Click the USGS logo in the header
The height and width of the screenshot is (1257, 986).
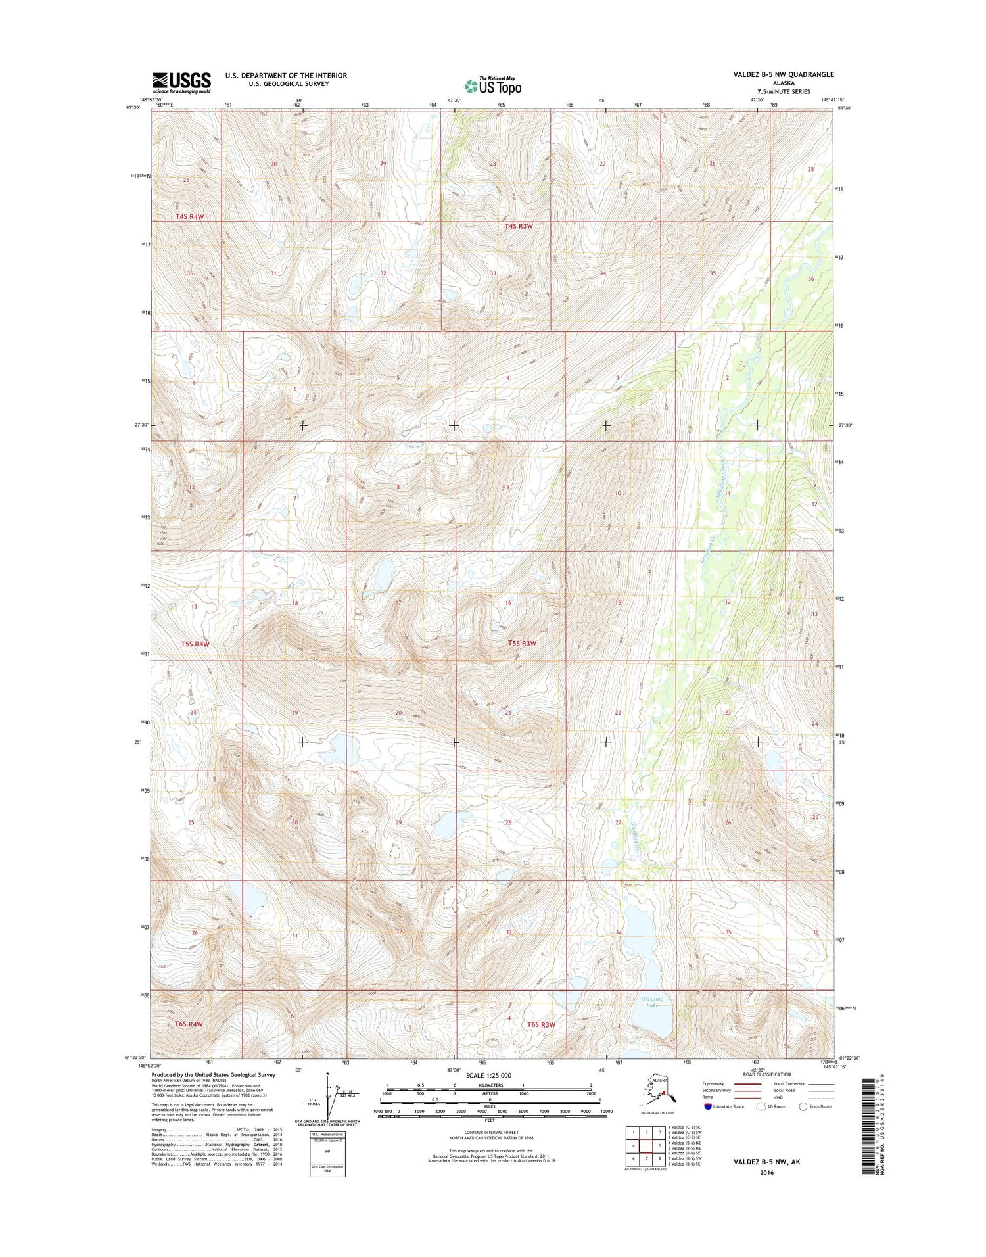[181, 83]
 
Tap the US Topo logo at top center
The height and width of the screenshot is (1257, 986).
[493, 85]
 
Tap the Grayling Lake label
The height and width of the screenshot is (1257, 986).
[652, 1002]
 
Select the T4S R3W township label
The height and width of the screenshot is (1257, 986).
[518, 226]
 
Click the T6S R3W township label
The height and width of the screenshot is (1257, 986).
[541, 1024]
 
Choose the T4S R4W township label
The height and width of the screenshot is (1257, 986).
[189, 216]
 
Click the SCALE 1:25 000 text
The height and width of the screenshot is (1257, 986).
[489, 1076]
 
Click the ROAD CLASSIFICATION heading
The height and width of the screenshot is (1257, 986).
[767, 1074]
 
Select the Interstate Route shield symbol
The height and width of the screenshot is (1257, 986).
[707, 1106]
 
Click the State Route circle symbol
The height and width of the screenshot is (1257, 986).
[803, 1106]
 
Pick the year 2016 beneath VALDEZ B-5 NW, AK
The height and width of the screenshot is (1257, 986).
[766, 1172]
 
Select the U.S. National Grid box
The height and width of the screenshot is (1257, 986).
[327, 1154]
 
